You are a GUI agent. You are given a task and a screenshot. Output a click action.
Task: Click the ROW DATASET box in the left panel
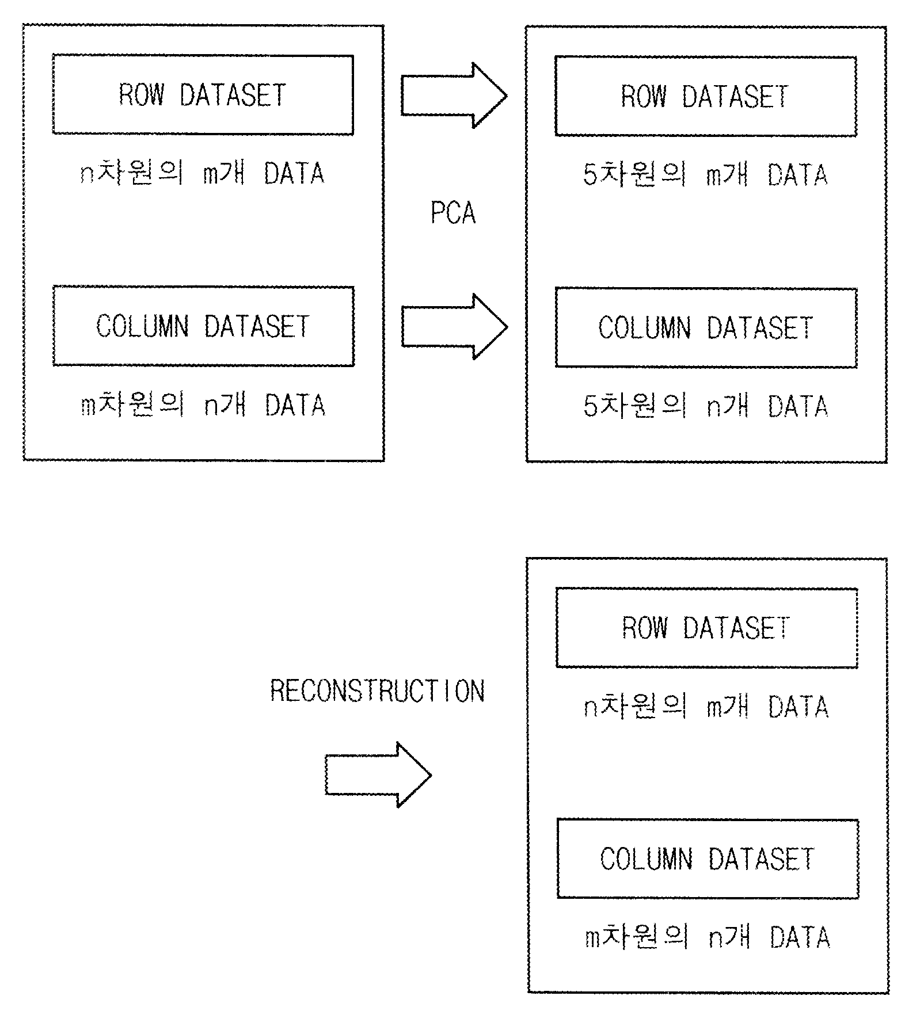click(203, 95)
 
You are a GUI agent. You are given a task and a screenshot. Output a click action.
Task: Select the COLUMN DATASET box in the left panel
click(203, 326)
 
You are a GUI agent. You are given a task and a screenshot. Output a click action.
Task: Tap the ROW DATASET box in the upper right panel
click(706, 97)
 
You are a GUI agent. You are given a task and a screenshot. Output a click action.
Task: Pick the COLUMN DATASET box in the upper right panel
click(706, 328)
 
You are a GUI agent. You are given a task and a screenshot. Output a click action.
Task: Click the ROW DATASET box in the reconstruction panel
click(707, 628)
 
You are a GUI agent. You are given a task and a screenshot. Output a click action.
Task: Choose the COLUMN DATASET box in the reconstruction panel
click(708, 859)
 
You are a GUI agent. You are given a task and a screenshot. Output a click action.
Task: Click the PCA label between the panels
click(454, 213)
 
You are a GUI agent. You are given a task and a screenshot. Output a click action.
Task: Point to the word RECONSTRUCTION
click(378, 690)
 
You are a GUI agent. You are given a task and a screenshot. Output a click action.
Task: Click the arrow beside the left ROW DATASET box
click(454, 96)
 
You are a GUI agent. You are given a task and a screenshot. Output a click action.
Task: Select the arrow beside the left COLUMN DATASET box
click(454, 327)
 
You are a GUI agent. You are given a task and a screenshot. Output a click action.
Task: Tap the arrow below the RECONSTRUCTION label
click(378, 775)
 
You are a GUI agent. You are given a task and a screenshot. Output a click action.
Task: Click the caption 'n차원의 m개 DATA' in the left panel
click(202, 173)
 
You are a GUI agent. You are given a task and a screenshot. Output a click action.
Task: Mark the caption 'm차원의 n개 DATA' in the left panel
click(203, 405)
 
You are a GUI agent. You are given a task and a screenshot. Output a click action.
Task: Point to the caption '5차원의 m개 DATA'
click(705, 175)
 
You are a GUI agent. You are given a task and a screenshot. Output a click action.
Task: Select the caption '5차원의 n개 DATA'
click(705, 406)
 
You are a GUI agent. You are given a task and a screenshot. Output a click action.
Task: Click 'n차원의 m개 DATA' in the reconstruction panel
click(706, 706)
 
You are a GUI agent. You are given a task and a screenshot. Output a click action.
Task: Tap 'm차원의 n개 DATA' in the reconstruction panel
click(707, 937)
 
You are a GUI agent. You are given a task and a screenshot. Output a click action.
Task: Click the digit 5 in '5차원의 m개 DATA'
click(590, 175)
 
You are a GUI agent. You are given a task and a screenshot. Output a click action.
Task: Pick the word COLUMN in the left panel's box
click(143, 326)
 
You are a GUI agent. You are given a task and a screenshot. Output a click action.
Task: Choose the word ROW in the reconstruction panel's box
click(645, 628)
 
